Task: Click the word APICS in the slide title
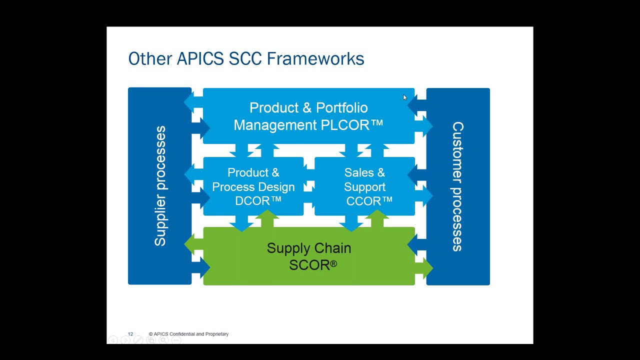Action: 200,58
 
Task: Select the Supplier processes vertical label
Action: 160,186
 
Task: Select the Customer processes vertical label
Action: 457,186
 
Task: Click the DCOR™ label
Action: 258,201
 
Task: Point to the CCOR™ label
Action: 369,201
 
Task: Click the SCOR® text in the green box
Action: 312,265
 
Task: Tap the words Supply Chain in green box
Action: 308,248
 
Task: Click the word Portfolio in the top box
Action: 341,108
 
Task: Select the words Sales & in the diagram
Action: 364,173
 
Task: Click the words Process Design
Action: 253,187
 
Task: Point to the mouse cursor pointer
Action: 404,97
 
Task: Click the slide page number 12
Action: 130,334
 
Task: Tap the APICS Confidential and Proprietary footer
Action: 189,334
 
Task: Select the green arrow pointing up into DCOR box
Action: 268,218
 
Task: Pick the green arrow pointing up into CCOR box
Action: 378,218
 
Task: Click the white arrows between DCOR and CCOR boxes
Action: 309,186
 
